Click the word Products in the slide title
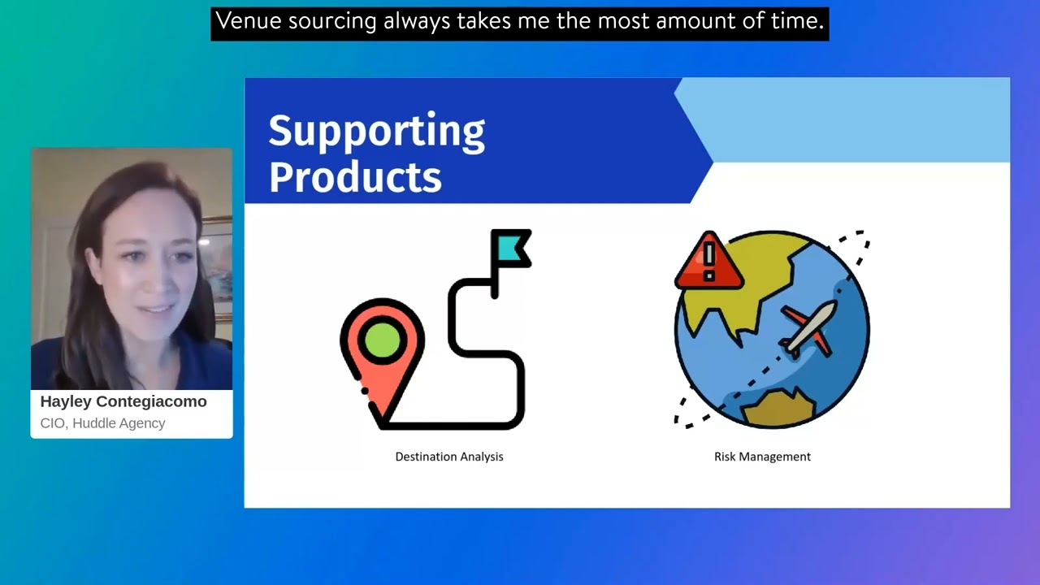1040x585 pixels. point(355,176)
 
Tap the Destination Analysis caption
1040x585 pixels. point(448,457)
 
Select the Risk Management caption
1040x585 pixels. point(762,457)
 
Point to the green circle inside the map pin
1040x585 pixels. point(382,340)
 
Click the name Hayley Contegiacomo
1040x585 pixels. point(123,401)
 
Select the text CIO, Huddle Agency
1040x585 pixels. point(102,423)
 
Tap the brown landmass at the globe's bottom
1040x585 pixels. point(778,408)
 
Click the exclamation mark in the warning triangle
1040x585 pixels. point(708,258)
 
